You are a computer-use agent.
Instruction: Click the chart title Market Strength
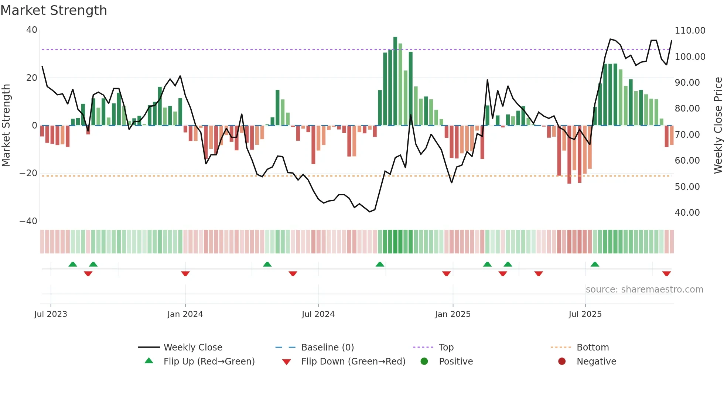(54, 10)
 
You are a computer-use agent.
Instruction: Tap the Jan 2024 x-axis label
(185, 314)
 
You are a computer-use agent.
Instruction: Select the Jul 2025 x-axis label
(585, 314)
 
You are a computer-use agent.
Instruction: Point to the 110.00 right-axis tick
(690, 31)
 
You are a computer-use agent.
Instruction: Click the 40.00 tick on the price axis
(687, 213)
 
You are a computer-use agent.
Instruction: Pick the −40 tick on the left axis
(28, 221)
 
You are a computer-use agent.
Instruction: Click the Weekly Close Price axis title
(718, 126)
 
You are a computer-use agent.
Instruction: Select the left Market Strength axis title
(6, 126)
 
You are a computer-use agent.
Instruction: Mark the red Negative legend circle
(562, 362)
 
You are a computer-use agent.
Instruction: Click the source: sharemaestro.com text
(644, 290)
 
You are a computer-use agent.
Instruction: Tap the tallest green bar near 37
(395, 81)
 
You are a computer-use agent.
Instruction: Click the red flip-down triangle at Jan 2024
(185, 274)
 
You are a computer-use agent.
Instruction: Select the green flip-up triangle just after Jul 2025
(595, 264)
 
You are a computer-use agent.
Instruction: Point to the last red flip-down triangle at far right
(666, 274)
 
